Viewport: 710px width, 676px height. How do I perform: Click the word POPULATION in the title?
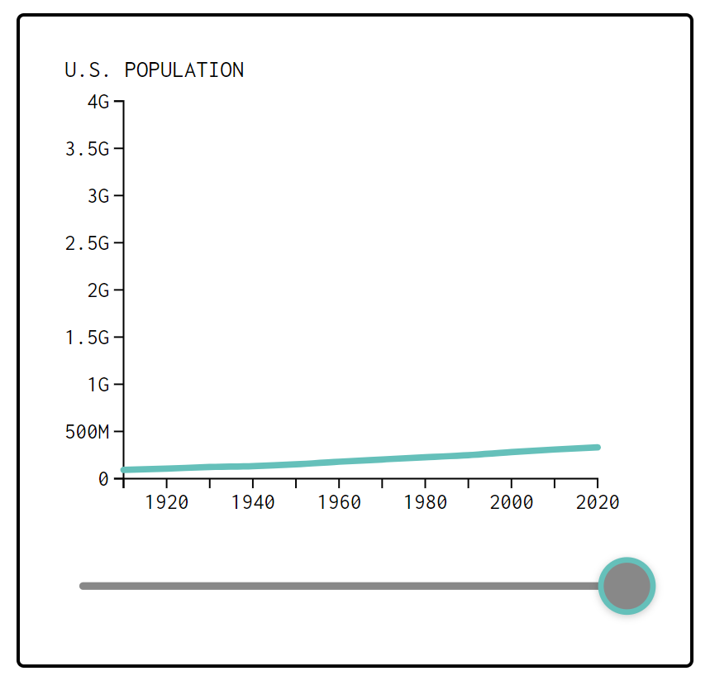click(x=183, y=70)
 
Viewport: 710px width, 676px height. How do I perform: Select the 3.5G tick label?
click(x=88, y=149)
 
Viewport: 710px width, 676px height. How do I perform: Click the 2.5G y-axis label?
click(x=88, y=243)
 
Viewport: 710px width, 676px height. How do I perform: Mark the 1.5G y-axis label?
click(x=88, y=338)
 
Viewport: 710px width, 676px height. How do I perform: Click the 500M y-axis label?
click(x=88, y=432)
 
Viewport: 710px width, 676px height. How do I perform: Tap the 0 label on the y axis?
click(x=103, y=479)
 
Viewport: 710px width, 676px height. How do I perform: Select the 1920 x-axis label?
click(x=166, y=502)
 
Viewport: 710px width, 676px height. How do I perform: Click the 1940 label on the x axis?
click(x=253, y=502)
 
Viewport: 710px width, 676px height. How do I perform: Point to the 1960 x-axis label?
click(x=339, y=502)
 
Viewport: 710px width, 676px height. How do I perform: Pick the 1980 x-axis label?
click(x=425, y=502)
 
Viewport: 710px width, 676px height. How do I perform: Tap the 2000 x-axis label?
click(x=512, y=502)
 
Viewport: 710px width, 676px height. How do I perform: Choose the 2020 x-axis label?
click(x=597, y=502)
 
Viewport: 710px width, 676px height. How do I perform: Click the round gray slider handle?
click(x=627, y=586)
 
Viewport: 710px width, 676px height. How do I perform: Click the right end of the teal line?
click(x=597, y=448)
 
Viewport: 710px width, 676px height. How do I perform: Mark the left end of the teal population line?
click(x=124, y=470)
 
